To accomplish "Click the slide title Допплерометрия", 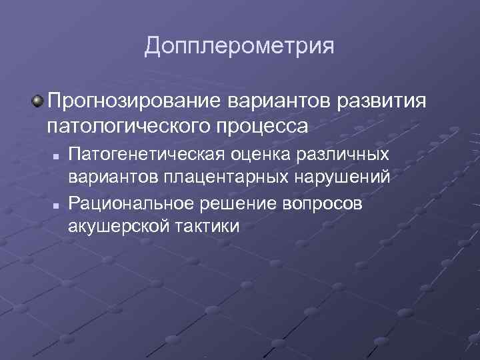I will (x=239, y=47).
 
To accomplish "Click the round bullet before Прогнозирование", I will (x=37, y=102).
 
